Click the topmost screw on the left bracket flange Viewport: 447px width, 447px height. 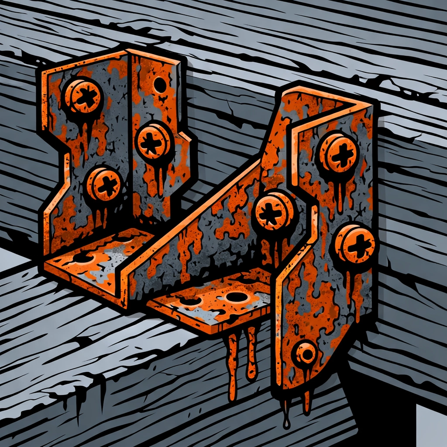tap(83, 96)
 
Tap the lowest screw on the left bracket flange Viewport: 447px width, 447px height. tap(103, 184)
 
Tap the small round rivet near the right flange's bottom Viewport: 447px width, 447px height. tap(306, 353)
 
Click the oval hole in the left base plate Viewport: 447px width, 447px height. tap(83, 258)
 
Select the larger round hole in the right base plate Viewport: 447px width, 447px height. tap(237, 297)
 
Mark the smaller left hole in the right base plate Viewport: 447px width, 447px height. tap(191, 301)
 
